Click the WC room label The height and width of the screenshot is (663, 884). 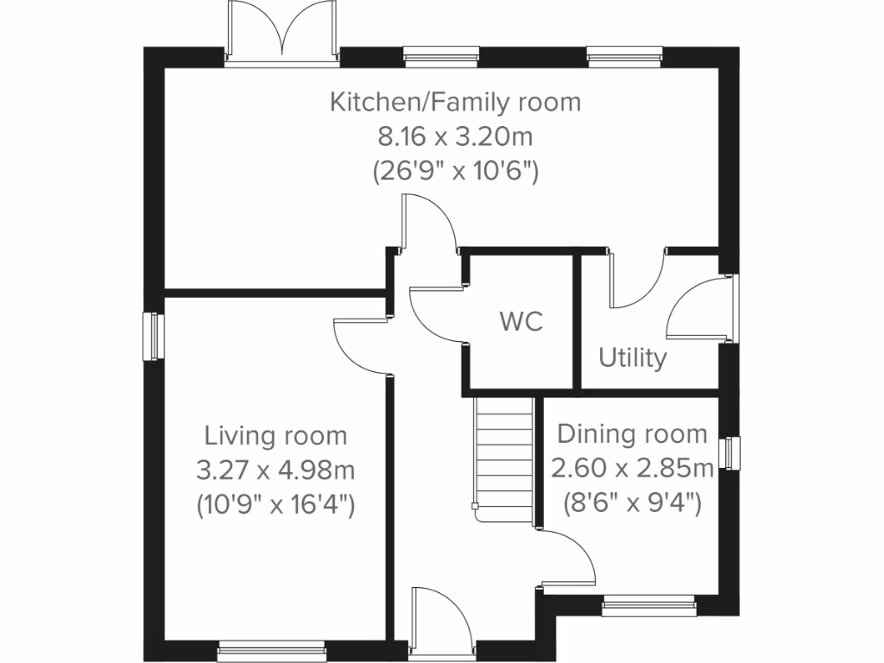(x=521, y=322)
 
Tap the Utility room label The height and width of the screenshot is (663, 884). (x=633, y=357)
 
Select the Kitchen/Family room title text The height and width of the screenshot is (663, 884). (x=455, y=102)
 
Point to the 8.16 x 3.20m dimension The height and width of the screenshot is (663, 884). (x=455, y=136)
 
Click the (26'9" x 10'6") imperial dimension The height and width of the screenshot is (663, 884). (x=455, y=171)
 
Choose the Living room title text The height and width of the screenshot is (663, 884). (x=275, y=435)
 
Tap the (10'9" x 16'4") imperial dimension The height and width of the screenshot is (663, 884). (x=275, y=504)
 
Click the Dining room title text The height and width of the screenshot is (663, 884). (x=632, y=433)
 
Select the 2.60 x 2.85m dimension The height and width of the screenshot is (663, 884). (x=632, y=468)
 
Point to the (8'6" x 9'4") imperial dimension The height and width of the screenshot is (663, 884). (x=632, y=502)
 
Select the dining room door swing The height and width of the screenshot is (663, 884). (x=569, y=557)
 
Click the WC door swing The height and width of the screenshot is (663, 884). (x=437, y=315)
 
